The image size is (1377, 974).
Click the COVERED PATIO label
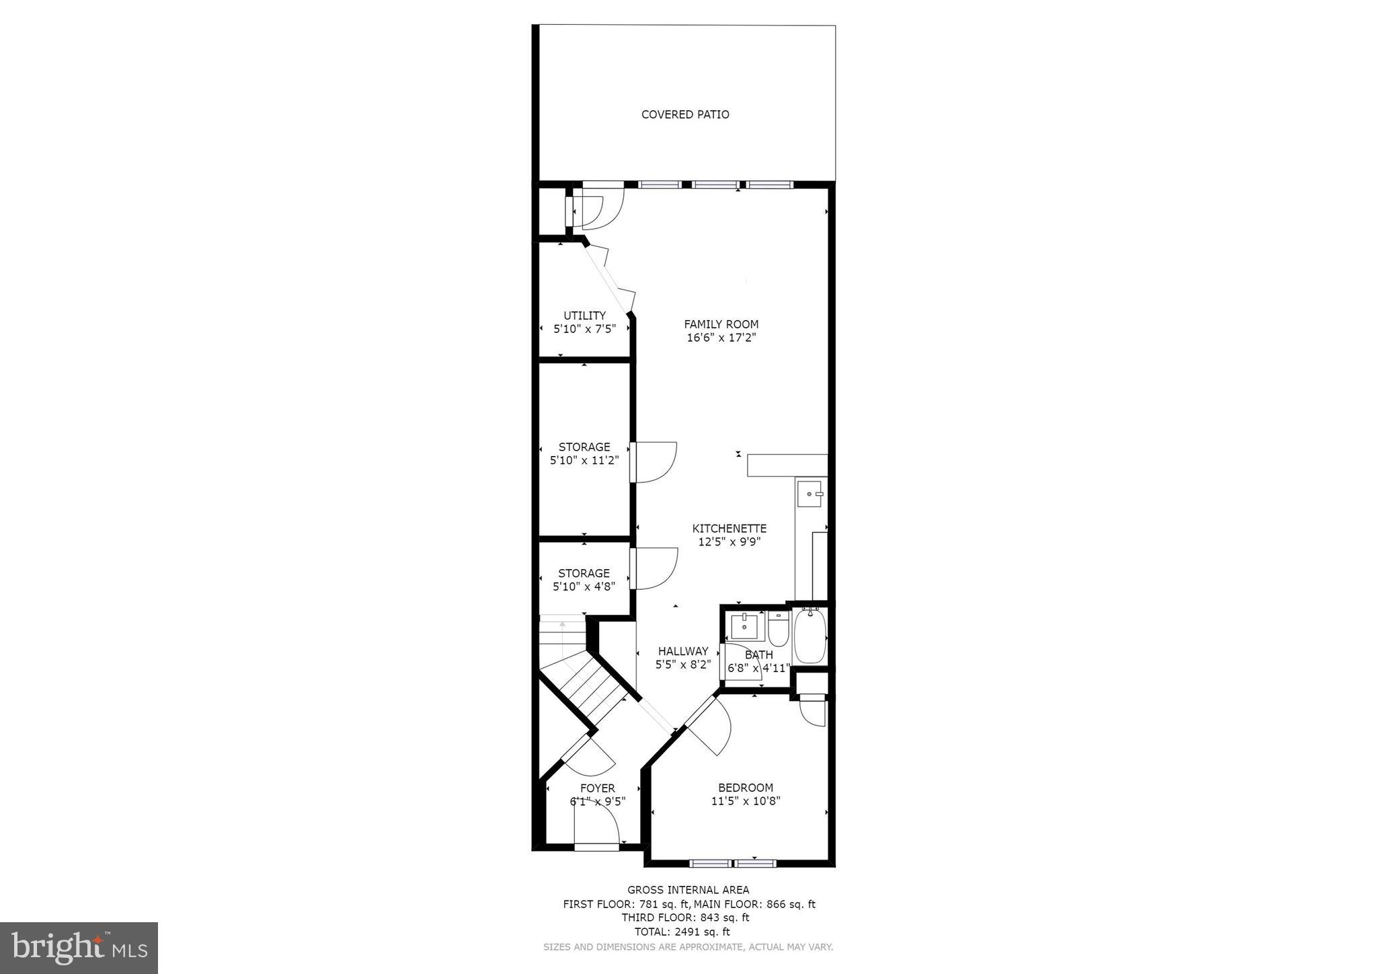pyautogui.click(x=685, y=114)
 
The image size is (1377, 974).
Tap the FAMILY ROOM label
pyautogui.click(x=721, y=324)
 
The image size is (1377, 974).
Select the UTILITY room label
pyautogui.click(x=584, y=315)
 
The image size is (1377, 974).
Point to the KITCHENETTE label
pyautogui.click(x=730, y=529)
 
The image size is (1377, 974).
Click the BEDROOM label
pyautogui.click(x=745, y=788)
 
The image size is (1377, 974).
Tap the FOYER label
pyautogui.click(x=597, y=788)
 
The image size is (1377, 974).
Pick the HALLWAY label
pyautogui.click(x=682, y=651)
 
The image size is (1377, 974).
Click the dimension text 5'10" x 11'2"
pyautogui.click(x=584, y=461)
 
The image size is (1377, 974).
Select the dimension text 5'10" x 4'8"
pyautogui.click(x=584, y=587)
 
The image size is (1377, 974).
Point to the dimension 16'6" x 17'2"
pyautogui.click(x=721, y=338)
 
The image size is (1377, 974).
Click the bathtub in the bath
pyautogui.click(x=808, y=636)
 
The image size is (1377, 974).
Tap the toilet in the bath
pyautogui.click(x=778, y=629)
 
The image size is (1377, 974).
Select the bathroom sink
pyautogui.click(x=744, y=626)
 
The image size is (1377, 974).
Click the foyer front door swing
pyautogui.click(x=598, y=824)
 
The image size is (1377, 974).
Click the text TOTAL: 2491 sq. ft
pyautogui.click(x=682, y=932)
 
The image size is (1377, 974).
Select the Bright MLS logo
pyautogui.click(x=79, y=948)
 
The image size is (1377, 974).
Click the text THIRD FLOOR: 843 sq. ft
pyautogui.click(x=685, y=917)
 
